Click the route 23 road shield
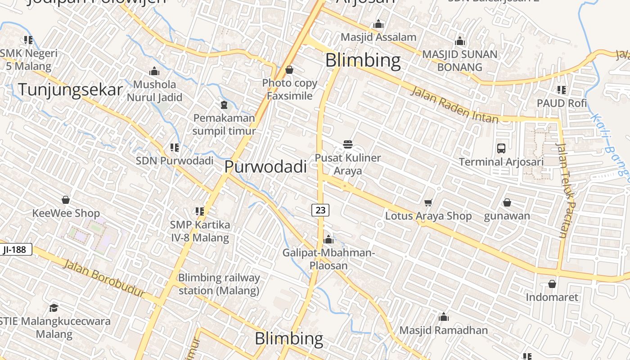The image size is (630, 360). click(320, 210)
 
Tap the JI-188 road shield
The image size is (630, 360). click(15, 249)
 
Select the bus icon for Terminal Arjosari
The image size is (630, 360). click(501, 148)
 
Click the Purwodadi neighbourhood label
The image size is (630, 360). click(265, 166)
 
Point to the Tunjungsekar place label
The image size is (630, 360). click(70, 90)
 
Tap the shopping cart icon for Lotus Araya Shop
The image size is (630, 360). click(428, 203)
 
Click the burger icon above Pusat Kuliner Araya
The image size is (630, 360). click(347, 144)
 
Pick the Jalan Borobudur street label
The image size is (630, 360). click(103, 278)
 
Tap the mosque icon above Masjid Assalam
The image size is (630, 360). click(378, 24)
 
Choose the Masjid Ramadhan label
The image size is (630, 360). click(443, 330)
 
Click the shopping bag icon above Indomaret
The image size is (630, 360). click(552, 284)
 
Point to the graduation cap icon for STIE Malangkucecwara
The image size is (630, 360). click(54, 308)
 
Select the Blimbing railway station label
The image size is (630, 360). click(219, 284)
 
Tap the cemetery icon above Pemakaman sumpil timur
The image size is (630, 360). click(224, 105)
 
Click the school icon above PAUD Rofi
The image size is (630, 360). click(561, 90)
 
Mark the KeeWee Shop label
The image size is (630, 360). click(66, 213)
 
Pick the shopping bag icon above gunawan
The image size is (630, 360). click(507, 203)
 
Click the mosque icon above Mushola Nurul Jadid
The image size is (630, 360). click(154, 71)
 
